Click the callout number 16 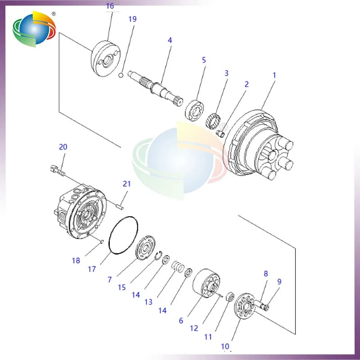point(110,6)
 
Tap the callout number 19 point(132,19)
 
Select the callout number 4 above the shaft point(170,40)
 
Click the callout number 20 point(63,147)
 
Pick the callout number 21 point(127,184)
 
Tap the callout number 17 point(92,269)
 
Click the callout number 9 point(279,282)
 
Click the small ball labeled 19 point(121,74)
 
